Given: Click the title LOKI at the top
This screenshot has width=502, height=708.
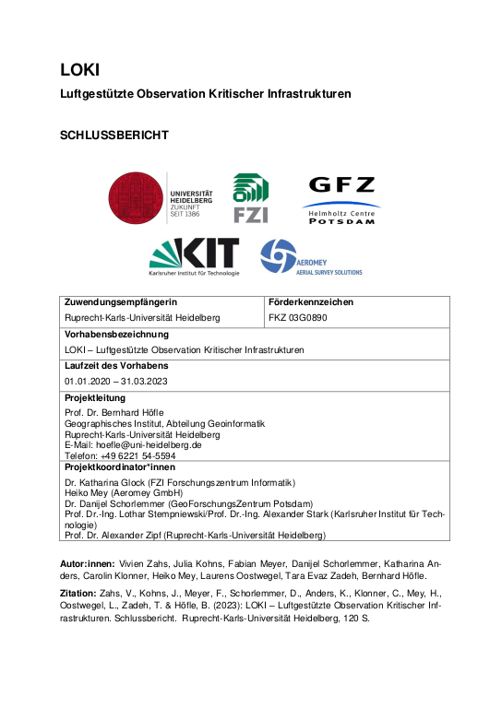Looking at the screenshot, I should [x=79, y=69].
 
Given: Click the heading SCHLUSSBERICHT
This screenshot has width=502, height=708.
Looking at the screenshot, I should [x=114, y=135].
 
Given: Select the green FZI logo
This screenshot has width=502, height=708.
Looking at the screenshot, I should [x=250, y=198].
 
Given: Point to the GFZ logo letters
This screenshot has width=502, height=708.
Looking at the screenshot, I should [x=342, y=185].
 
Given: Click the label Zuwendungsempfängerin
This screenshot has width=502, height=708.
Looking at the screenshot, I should [x=121, y=302].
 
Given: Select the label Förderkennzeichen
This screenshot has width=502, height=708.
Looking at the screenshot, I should [x=310, y=302].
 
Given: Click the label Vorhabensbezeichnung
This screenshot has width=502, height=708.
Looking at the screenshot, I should [x=116, y=334].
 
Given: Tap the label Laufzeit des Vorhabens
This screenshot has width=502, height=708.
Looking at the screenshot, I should [x=116, y=366].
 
